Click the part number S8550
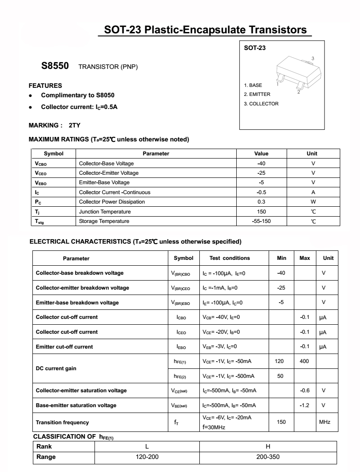click(x=55, y=66)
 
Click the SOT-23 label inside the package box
click(x=255, y=48)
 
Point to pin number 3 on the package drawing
click(x=312, y=59)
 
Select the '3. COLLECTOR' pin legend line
click(x=261, y=104)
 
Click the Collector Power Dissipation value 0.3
click(x=261, y=202)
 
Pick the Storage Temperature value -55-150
click(x=261, y=221)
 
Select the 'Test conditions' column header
click(x=229, y=258)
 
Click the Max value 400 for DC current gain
click(x=304, y=361)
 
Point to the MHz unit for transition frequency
click(x=324, y=422)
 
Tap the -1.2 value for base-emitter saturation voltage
click(x=304, y=405)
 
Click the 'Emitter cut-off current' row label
click(x=64, y=347)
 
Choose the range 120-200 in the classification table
click(x=147, y=457)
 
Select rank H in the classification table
click(x=268, y=446)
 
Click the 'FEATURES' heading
click(x=45, y=86)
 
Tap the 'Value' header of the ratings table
click(x=261, y=154)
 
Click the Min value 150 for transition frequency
click(x=281, y=422)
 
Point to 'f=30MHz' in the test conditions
click(x=214, y=427)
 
